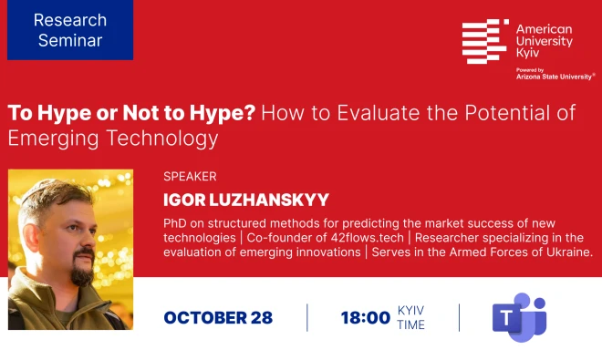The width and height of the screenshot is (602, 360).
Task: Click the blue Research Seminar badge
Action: pyautogui.click(x=70, y=30)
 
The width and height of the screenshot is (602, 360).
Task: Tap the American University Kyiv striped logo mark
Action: pyautogui.click(x=485, y=41)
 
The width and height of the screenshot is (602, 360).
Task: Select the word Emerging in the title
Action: pyautogui.click(x=53, y=139)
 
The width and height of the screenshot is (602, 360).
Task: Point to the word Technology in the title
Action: pyautogui.click(x=162, y=139)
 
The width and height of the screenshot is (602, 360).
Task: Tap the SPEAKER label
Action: pyautogui.click(x=190, y=177)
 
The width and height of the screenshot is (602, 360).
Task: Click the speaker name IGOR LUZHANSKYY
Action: pyautogui.click(x=246, y=200)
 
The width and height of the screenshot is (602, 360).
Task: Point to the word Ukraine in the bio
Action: pyautogui.click(x=571, y=252)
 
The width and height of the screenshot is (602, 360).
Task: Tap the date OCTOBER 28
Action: pyautogui.click(x=218, y=318)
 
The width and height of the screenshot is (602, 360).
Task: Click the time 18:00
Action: pyautogui.click(x=366, y=318)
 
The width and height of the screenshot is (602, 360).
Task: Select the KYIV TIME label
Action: pyautogui.click(x=410, y=317)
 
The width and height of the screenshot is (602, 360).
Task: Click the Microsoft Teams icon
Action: pyautogui.click(x=519, y=317)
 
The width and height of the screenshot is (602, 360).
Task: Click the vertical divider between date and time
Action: pyautogui.click(x=307, y=317)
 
